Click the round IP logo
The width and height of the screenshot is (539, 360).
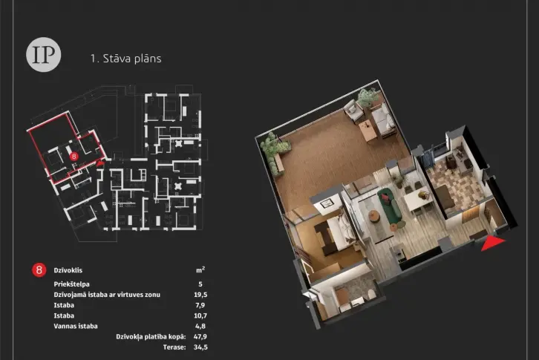point(43,54)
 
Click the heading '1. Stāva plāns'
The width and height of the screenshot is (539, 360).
point(125,58)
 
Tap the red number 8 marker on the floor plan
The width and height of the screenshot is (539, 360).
point(73,157)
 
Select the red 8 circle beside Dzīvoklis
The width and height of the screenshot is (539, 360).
point(39,270)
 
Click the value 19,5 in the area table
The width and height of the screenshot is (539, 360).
point(200,295)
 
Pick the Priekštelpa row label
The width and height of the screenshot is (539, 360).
point(71,284)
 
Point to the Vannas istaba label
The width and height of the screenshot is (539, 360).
point(76,326)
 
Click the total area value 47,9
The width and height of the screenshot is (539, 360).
point(200,337)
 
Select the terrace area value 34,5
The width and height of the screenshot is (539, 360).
point(200,347)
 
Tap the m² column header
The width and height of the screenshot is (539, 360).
point(200,270)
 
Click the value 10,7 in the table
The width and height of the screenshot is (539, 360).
point(200,315)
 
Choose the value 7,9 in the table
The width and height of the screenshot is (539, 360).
point(200,305)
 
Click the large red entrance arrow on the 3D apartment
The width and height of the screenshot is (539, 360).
point(491,243)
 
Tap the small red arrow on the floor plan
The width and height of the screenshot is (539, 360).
point(99,163)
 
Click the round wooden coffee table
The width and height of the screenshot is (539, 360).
point(374,216)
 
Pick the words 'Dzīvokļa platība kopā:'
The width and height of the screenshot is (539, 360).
point(151,337)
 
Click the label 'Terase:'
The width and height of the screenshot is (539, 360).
point(174,347)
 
